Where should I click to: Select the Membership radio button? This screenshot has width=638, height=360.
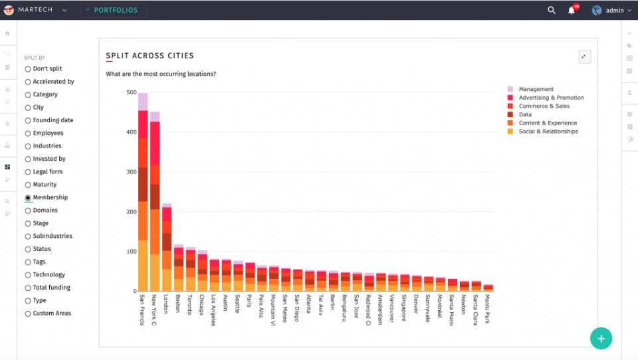click(x=28, y=198)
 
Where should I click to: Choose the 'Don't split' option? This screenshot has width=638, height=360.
click(x=28, y=69)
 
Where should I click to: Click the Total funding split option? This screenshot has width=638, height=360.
click(x=28, y=288)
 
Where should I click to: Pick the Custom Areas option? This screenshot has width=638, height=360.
click(x=28, y=314)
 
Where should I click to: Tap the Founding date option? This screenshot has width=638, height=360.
click(x=28, y=121)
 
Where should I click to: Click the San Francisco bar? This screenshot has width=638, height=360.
click(x=143, y=199)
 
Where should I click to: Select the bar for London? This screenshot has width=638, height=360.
click(x=167, y=252)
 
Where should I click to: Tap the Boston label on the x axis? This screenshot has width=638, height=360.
click(x=178, y=304)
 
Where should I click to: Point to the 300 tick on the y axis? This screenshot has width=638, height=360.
click(x=132, y=172)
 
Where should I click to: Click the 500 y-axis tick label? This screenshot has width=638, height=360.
click(x=132, y=92)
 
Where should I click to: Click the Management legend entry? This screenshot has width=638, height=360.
click(x=536, y=89)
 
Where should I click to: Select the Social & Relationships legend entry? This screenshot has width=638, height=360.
click(x=548, y=132)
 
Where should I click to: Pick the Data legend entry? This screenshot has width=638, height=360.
click(x=524, y=114)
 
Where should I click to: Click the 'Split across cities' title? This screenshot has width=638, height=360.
click(x=150, y=56)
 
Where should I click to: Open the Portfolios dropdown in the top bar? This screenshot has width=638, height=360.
click(x=114, y=10)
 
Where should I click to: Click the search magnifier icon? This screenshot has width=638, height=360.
click(x=552, y=10)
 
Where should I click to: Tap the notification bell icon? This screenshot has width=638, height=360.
click(x=571, y=10)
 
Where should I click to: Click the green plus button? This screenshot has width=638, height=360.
click(x=601, y=338)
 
